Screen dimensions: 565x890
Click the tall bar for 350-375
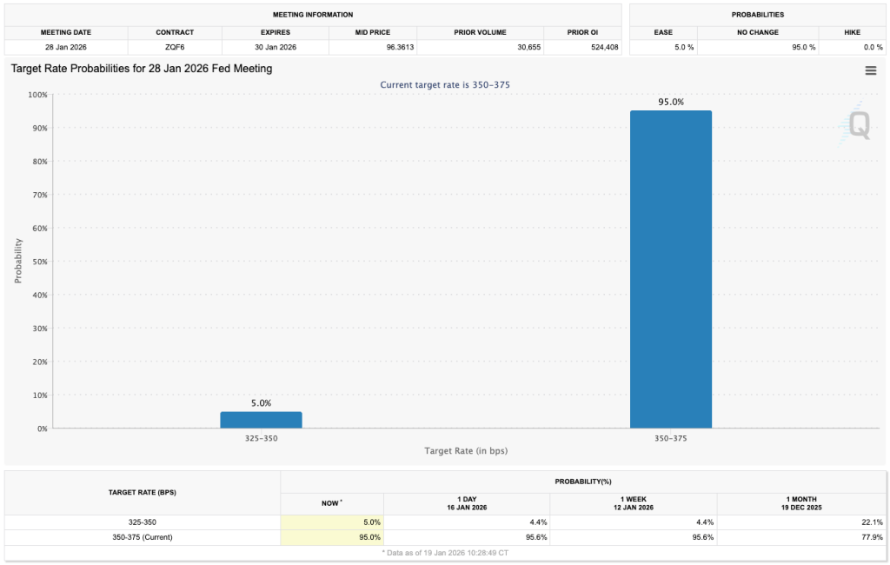pyautogui.click(x=670, y=269)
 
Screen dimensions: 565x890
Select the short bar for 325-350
pyautogui.click(x=261, y=420)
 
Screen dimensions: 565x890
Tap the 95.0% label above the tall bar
pyautogui.click(x=670, y=102)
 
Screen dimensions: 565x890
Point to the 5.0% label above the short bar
pyautogui.click(x=261, y=403)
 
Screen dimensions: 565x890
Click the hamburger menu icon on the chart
pyautogui.click(x=870, y=70)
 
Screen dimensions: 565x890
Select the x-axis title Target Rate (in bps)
pyautogui.click(x=466, y=451)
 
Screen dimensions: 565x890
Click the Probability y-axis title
pyautogui.click(x=17, y=262)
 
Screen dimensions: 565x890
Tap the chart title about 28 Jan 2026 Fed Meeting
pyautogui.click(x=142, y=69)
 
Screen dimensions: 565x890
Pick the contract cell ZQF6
pyautogui.click(x=175, y=47)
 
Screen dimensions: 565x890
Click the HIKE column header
pyautogui.click(x=852, y=32)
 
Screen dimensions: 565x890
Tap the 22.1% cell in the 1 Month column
pyautogui.click(x=872, y=522)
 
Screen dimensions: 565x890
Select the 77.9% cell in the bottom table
pyautogui.click(x=872, y=537)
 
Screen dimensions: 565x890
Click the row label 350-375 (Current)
pyautogui.click(x=143, y=537)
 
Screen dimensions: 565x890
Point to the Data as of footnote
pyautogui.click(x=445, y=552)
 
